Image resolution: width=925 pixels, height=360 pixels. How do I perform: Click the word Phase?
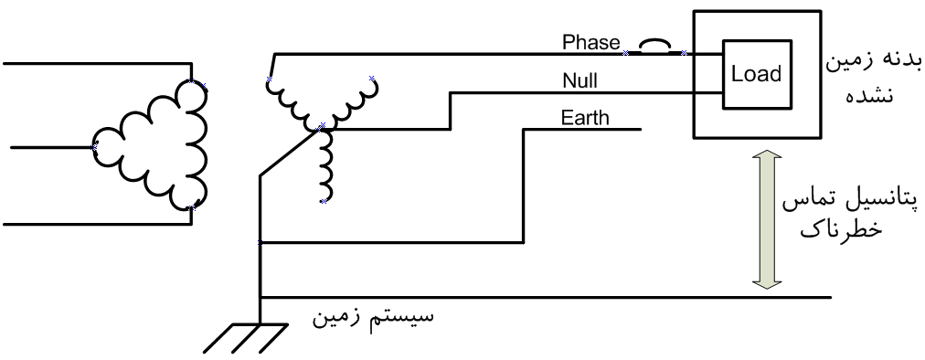click(x=591, y=43)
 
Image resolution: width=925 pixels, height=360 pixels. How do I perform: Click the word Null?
click(x=579, y=80)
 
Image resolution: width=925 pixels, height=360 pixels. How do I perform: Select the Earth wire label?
click(x=585, y=118)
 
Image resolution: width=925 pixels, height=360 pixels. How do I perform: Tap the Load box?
click(x=756, y=74)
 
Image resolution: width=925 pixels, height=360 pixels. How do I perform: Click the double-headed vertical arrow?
click(x=767, y=219)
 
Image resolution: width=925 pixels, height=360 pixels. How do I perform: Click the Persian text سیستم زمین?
click(x=373, y=316)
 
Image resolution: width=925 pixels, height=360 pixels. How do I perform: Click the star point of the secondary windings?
click(x=322, y=127)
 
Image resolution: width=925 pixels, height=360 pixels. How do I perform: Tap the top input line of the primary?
click(x=97, y=63)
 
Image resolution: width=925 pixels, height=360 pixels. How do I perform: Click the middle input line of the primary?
click(x=52, y=146)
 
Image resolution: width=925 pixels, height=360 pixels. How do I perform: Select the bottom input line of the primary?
click(x=97, y=225)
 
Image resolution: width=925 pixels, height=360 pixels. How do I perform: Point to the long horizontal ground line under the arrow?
click(x=546, y=298)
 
